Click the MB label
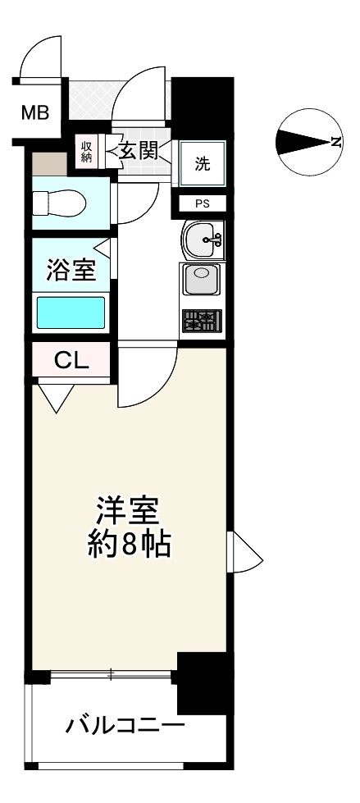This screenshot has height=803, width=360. [35, 113]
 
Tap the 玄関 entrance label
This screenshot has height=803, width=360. [137, 151]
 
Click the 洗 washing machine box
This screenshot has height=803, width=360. [201, 162]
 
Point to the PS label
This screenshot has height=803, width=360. [201, 203]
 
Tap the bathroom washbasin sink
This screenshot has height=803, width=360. [200, 240]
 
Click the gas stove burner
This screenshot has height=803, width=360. [200, 321]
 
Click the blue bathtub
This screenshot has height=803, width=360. [71, 312]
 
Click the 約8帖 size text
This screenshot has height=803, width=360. [128, 545]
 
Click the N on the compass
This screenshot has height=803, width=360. [335, 142]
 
